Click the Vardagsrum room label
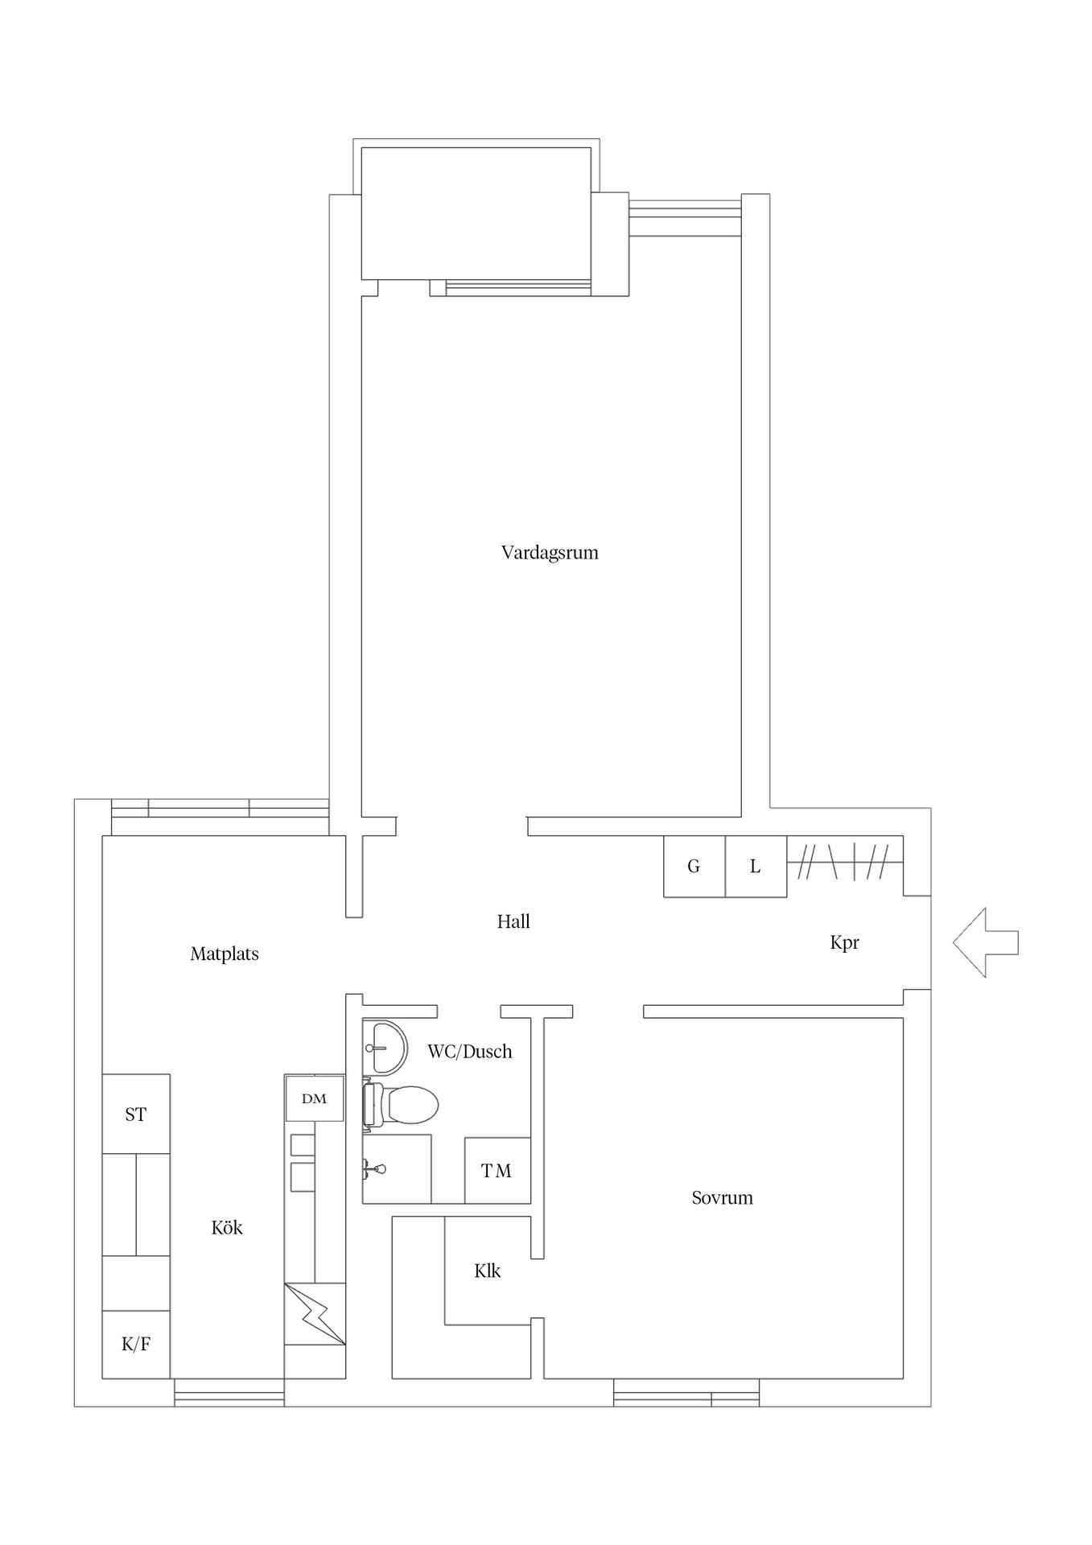(x=550, y=553)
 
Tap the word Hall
(x=513, y=922)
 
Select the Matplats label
(x=225, y=954)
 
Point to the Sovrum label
(x=722, y=1198)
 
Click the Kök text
(x=227, y=1228)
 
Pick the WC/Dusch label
(x=469, y=1052)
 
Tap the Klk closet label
(x=487, y=1271)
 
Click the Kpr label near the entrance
(x=844, y=942)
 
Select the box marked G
(x=694, y=867)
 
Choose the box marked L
(x=755, y=867)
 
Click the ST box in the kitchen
(x=135, y=1114)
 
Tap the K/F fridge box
(x=135, y=1344)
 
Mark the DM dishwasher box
(x=315, y=1098)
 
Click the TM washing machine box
(x=497, y=1172)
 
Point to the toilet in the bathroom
(x=406, y=1104)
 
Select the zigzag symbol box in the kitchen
(x=315, y=1314)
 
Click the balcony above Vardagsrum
(x=476, y=213)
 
